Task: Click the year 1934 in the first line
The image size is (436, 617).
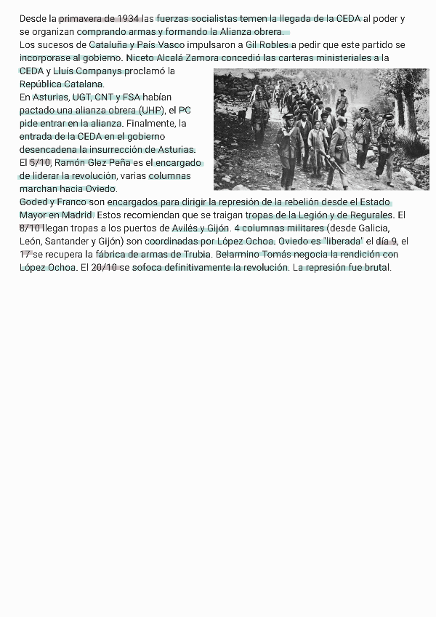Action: [129, 18]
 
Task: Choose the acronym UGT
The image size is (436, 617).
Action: [81, 97]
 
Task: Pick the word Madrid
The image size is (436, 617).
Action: [77, 215]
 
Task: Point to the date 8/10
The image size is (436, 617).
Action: [31, 228]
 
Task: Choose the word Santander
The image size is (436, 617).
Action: [68, 241]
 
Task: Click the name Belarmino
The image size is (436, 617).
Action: [240, 254]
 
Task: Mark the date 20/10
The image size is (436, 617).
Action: [105, 267]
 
